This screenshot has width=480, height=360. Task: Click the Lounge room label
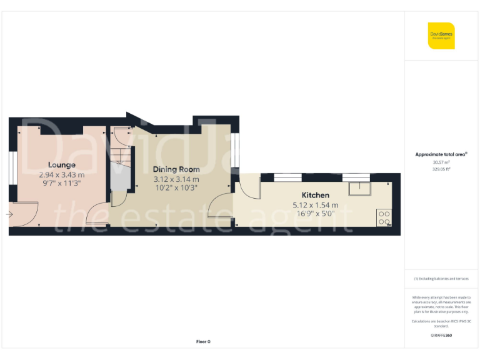point(61,165)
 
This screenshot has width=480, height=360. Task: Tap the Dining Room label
point(176,169)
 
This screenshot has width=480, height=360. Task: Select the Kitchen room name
point(316,195)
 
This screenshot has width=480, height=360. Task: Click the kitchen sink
point(359,187)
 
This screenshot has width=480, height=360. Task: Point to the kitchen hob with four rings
point(384,217)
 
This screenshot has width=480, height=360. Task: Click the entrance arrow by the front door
point(9,215)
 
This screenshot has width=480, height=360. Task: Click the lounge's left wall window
point(12,170)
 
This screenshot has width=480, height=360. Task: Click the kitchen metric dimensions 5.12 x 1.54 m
point(316,204)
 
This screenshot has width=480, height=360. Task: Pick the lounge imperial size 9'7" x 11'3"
point(61,184)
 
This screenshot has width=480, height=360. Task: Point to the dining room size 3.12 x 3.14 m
point(176,179)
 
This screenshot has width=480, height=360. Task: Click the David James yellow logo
point(441,36)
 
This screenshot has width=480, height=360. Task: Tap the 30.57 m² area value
point(441,162)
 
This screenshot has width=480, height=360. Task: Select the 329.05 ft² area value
point(441,169)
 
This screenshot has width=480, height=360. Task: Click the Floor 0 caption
point(203,341)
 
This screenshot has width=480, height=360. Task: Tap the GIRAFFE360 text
point(441,336)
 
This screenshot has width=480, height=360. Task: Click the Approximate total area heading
point(441,154)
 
